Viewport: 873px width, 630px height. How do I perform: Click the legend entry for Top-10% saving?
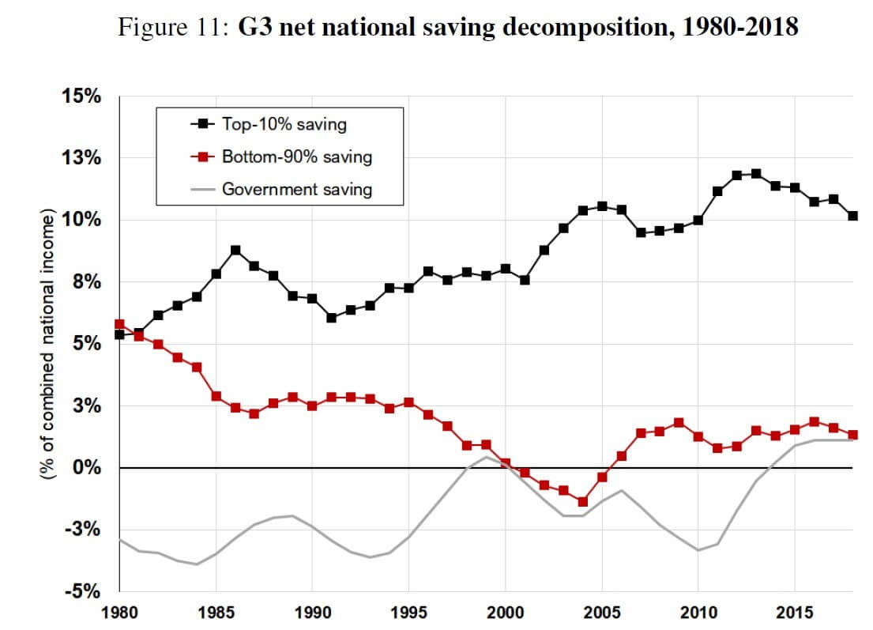click(284, 124)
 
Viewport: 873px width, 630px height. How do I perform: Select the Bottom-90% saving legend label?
click(296, 157)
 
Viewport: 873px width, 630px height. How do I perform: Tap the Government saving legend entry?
click(296, 189)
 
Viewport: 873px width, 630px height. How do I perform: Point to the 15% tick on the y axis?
click(82, 96)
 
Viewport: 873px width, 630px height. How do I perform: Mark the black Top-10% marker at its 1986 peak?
click(235, 251)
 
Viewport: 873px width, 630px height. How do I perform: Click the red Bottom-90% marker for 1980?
click(119, 324)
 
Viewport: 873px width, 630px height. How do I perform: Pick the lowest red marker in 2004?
click(583, 502)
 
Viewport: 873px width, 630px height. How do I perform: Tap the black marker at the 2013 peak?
click(757, 174)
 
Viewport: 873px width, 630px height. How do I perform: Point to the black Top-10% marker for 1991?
click(332, 318)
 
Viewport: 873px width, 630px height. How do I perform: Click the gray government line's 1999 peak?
click(486, 457)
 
